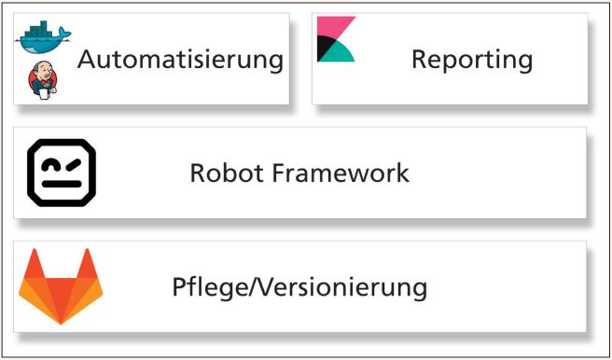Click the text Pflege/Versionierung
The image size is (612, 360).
299,286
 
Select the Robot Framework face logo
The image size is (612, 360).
61,173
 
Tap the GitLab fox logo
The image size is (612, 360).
61,285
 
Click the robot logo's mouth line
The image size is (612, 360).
61,186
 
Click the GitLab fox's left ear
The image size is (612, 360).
34,264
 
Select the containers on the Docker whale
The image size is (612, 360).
38,29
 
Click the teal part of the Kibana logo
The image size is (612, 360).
341,51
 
